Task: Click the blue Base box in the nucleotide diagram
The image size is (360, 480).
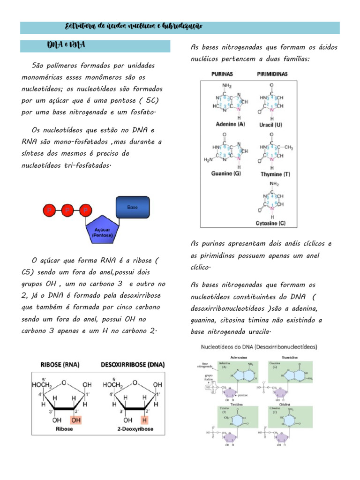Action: (x=133, y=207)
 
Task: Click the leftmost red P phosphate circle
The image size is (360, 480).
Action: (x=49, y=211)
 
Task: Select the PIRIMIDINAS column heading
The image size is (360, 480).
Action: (x=272, y=74)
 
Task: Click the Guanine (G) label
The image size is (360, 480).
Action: (x=226, y=173)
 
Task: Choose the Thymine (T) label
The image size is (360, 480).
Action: (x=275, y=174)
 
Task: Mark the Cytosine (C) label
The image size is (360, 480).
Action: (x=270, y=224)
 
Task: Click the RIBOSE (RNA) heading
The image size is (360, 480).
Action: (x=59, y=364)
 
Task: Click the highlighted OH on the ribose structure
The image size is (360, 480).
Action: (x=75, y=420)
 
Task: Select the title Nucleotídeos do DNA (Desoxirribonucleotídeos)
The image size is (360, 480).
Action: (x=259, y=347)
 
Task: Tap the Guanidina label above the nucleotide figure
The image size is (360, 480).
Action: (x=291, y=356)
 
